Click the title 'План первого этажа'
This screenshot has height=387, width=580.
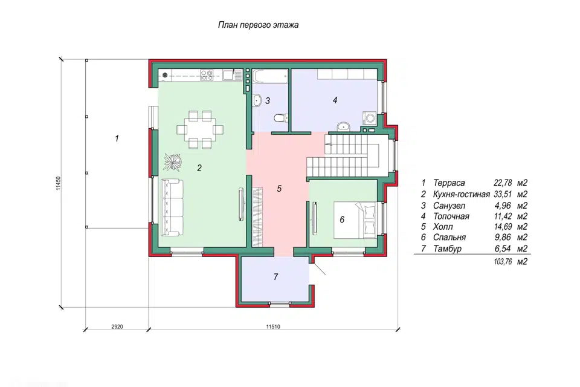[x=258, y=25]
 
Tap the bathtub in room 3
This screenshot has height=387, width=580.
[x=271, y=76]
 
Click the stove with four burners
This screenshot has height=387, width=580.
[x=207, y=75]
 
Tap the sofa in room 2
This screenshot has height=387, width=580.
[x=172, y=207]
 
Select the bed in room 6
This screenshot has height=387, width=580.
[x=355, y=220]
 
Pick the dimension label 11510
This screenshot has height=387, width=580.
[x=273, y=327]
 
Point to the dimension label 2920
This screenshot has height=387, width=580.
[x=117, y=327]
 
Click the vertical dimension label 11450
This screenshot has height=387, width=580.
[x=58, y=183]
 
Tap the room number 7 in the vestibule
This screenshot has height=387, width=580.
[x=275, y=276]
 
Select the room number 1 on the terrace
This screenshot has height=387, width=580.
[x=117, y=138]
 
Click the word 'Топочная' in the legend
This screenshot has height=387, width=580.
[x=451, y=216]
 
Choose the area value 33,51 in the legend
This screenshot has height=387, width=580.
[x=503, y=194]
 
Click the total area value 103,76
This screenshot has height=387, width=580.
[x=503, y=262]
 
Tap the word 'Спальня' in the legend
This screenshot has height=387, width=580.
[x=449, y=238]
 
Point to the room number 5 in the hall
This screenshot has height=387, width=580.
[x=279, y=189]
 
